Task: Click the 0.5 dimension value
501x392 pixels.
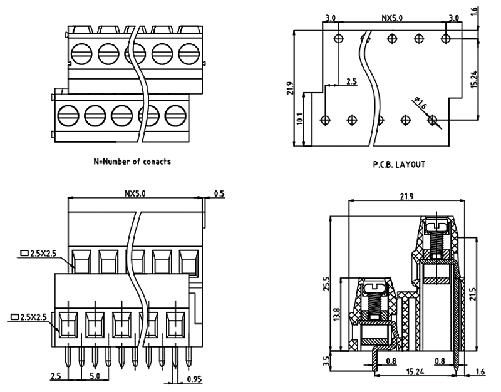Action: (x=220, y=193)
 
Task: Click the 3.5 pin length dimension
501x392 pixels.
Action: (x=324, y=361)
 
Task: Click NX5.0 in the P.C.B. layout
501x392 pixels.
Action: (x=391, y=18)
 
